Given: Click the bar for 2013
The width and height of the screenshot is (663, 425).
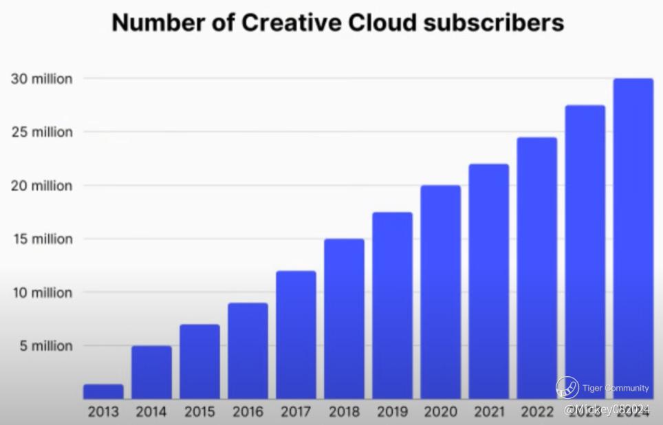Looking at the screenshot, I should point(103,391).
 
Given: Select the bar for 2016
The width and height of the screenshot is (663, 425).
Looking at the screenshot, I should point(248,351).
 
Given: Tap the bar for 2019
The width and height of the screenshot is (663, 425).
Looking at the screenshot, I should point(392,305).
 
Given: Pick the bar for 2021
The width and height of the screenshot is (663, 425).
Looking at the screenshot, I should point(488,281).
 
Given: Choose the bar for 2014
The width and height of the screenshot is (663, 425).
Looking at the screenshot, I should point(151,372).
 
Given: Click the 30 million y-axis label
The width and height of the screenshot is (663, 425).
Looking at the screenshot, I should point(42,79).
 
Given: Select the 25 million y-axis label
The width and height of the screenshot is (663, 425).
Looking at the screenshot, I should point(42,132).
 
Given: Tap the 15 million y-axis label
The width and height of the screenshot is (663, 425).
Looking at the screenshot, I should point(42,239).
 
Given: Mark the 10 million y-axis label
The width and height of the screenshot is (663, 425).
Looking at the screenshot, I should point(42,293).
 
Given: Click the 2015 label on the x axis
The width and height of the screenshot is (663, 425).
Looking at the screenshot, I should point(199,412).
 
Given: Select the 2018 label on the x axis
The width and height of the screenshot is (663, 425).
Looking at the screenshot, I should point(344,412).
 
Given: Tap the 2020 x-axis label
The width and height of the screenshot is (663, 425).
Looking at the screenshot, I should point(440,412).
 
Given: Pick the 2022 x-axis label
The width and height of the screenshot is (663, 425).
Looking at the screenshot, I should point(536,412).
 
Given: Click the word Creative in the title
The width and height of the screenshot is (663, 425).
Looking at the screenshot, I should point(290,23).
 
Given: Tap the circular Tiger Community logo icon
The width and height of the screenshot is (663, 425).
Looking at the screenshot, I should point(567,387).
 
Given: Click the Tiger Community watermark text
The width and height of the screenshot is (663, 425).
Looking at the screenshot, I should point(616,388).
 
